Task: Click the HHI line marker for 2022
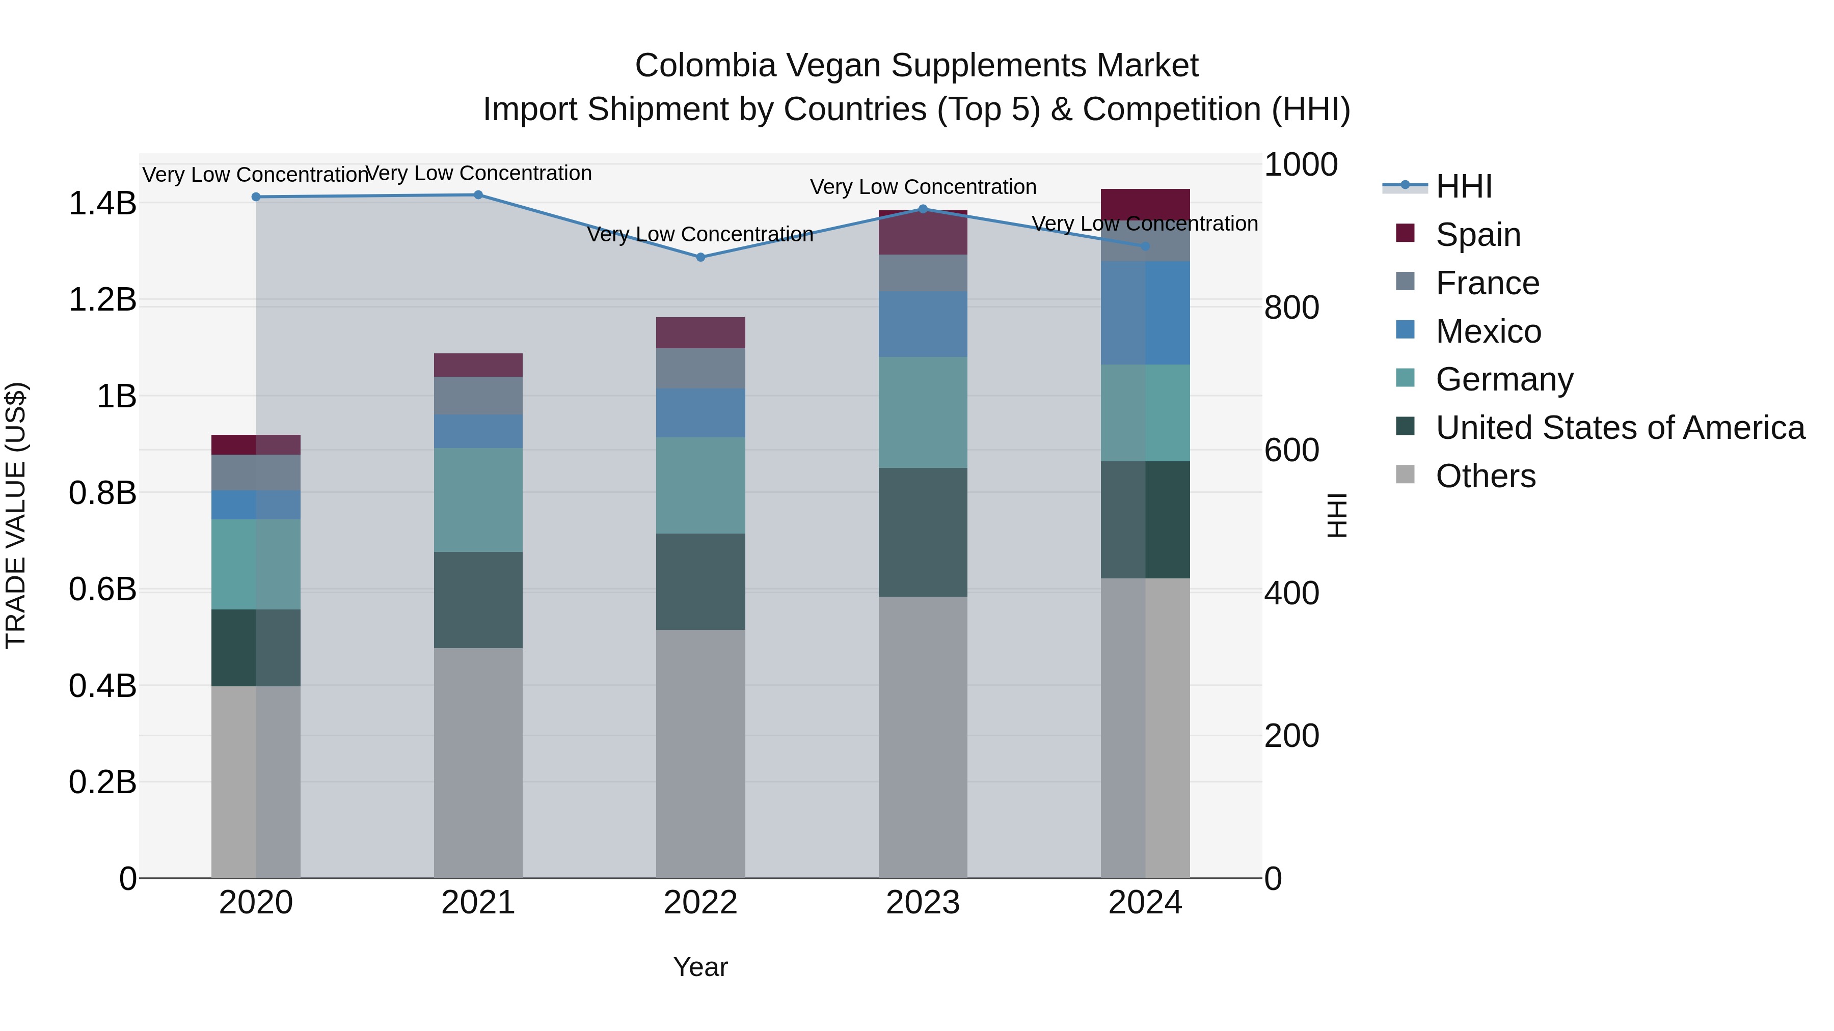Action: tap(700, 258)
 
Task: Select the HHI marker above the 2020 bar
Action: tap(256, 197)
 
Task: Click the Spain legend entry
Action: tap(1477, 235)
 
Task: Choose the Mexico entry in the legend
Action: tap(1488, 331)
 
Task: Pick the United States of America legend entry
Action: tap(1620, 428)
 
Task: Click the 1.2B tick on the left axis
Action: tap(102, 299)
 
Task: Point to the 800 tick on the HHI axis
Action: tap(1291, 308)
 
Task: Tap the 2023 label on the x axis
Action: tap(923, 903)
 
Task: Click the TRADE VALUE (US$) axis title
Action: tap(16, 515)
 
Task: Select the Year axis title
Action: tap(700, 967)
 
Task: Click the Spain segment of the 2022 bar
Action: tap(700, 332)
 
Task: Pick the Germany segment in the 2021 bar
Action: tap(478, 499)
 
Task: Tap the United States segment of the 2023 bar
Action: tap(923, 532)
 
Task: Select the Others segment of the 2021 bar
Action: tap(478, 762)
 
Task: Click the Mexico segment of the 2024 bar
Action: tap(1145, 313)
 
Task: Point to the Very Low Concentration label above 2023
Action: tap(923, 187)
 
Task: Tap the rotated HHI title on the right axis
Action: tap(1337, 515)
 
